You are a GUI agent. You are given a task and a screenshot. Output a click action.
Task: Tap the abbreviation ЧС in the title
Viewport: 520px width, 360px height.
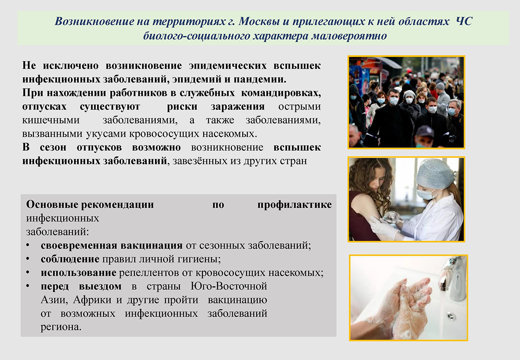(x=464, y=21)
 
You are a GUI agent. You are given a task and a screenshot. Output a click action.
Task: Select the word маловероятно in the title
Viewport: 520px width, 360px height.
(x=349, y=36)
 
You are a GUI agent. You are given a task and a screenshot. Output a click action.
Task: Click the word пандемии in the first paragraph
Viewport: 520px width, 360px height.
(x=260, y=79)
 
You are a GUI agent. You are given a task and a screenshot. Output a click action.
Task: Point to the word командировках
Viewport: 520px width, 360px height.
(x=281, y=93)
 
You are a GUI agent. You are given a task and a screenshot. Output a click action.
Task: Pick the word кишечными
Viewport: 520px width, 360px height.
(x=51, y=120)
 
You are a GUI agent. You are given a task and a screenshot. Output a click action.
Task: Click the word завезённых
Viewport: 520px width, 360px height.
(x=200, y=161)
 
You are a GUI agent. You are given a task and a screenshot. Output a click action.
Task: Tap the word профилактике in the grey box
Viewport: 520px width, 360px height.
(x=294, y=205)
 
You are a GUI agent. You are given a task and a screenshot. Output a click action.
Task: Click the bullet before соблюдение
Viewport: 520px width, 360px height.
(x=28, y=259)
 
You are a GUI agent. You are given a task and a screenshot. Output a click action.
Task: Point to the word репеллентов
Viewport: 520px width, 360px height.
(x=149, y=273)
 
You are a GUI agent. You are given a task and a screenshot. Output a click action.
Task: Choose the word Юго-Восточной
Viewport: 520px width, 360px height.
(x=229, y=286)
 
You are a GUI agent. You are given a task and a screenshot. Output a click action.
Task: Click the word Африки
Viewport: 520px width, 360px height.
(x=92, y=300)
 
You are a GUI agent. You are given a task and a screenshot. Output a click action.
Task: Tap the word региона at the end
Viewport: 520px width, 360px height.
(x=61, y=327)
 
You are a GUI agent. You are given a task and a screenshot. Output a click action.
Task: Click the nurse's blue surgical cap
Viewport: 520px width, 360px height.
(x=435, y=174)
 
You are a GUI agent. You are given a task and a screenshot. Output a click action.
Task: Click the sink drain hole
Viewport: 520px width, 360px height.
(x=451, y=316)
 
